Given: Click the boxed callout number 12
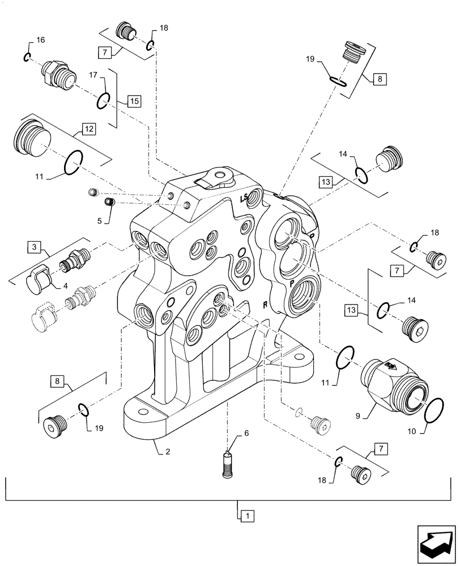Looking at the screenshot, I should point(90,128).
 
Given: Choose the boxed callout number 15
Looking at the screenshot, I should point(133,101).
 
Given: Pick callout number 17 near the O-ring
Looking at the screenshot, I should point(93,74).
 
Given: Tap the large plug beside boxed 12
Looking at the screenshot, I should point(32,139).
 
